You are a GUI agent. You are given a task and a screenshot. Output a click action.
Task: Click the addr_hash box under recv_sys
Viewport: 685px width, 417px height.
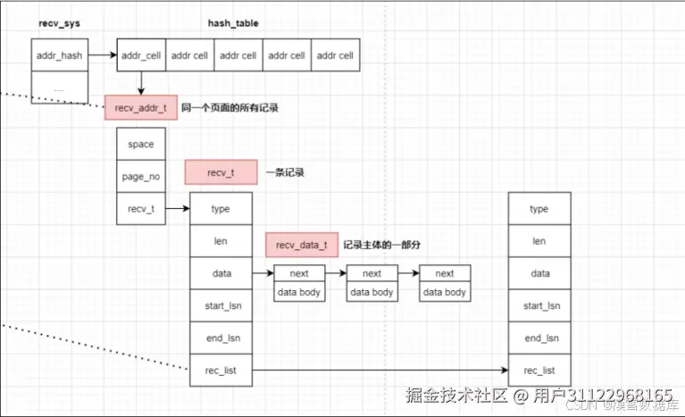60,55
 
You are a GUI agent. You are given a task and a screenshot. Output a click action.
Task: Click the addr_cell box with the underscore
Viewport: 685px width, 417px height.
141,55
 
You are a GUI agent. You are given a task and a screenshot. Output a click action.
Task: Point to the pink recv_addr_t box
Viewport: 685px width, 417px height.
140,108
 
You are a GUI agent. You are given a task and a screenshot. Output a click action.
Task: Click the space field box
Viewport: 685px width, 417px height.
140,144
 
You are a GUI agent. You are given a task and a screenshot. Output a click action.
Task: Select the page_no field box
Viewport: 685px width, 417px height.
140,176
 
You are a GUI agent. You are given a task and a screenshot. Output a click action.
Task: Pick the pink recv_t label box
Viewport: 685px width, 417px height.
220,171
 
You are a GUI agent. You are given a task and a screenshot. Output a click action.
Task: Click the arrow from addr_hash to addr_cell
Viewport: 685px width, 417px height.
103,55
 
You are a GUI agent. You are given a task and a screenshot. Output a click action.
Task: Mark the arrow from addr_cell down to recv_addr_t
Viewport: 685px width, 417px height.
141,82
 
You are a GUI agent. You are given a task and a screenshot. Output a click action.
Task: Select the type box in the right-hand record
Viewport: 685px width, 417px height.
539,209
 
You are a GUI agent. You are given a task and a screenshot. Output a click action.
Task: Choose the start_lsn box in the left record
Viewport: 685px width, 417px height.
221,305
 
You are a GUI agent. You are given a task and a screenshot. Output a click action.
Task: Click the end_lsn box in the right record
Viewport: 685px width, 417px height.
539,338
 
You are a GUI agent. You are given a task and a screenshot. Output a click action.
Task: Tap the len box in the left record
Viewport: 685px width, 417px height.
221,241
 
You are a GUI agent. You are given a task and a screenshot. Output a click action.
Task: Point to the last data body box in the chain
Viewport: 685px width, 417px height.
444,292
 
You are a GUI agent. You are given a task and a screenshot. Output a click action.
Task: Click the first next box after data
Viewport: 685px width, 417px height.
298,273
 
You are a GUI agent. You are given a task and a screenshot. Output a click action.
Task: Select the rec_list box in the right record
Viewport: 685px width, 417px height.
539,370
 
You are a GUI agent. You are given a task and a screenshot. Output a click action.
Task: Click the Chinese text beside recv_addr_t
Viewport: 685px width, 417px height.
230,108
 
